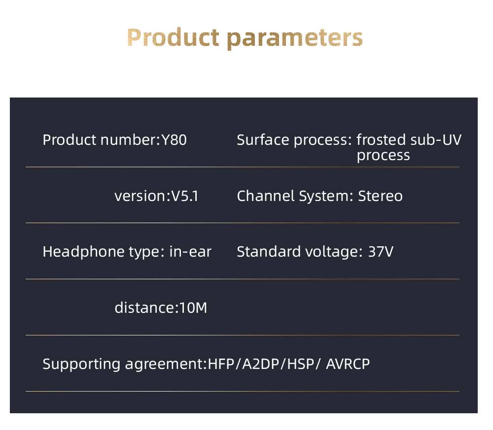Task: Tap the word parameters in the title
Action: tap(292, 38)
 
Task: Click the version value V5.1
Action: tap(184, 196)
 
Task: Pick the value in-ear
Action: tap(190, 252)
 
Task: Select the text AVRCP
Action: tap(348, 364)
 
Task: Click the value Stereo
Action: tap(380, 196)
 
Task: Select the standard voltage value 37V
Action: tap(381, 252)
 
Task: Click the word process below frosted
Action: tap(383, 156)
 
